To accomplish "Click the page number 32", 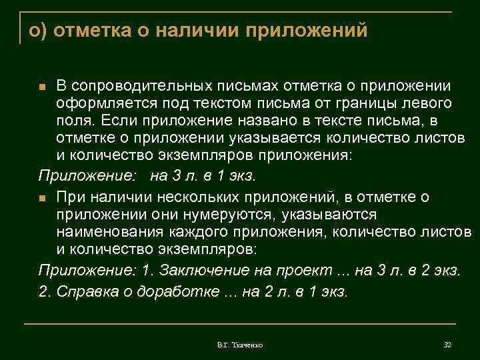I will [x=447, y=345].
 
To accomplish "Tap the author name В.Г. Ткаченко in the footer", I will [x=240, y=345].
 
